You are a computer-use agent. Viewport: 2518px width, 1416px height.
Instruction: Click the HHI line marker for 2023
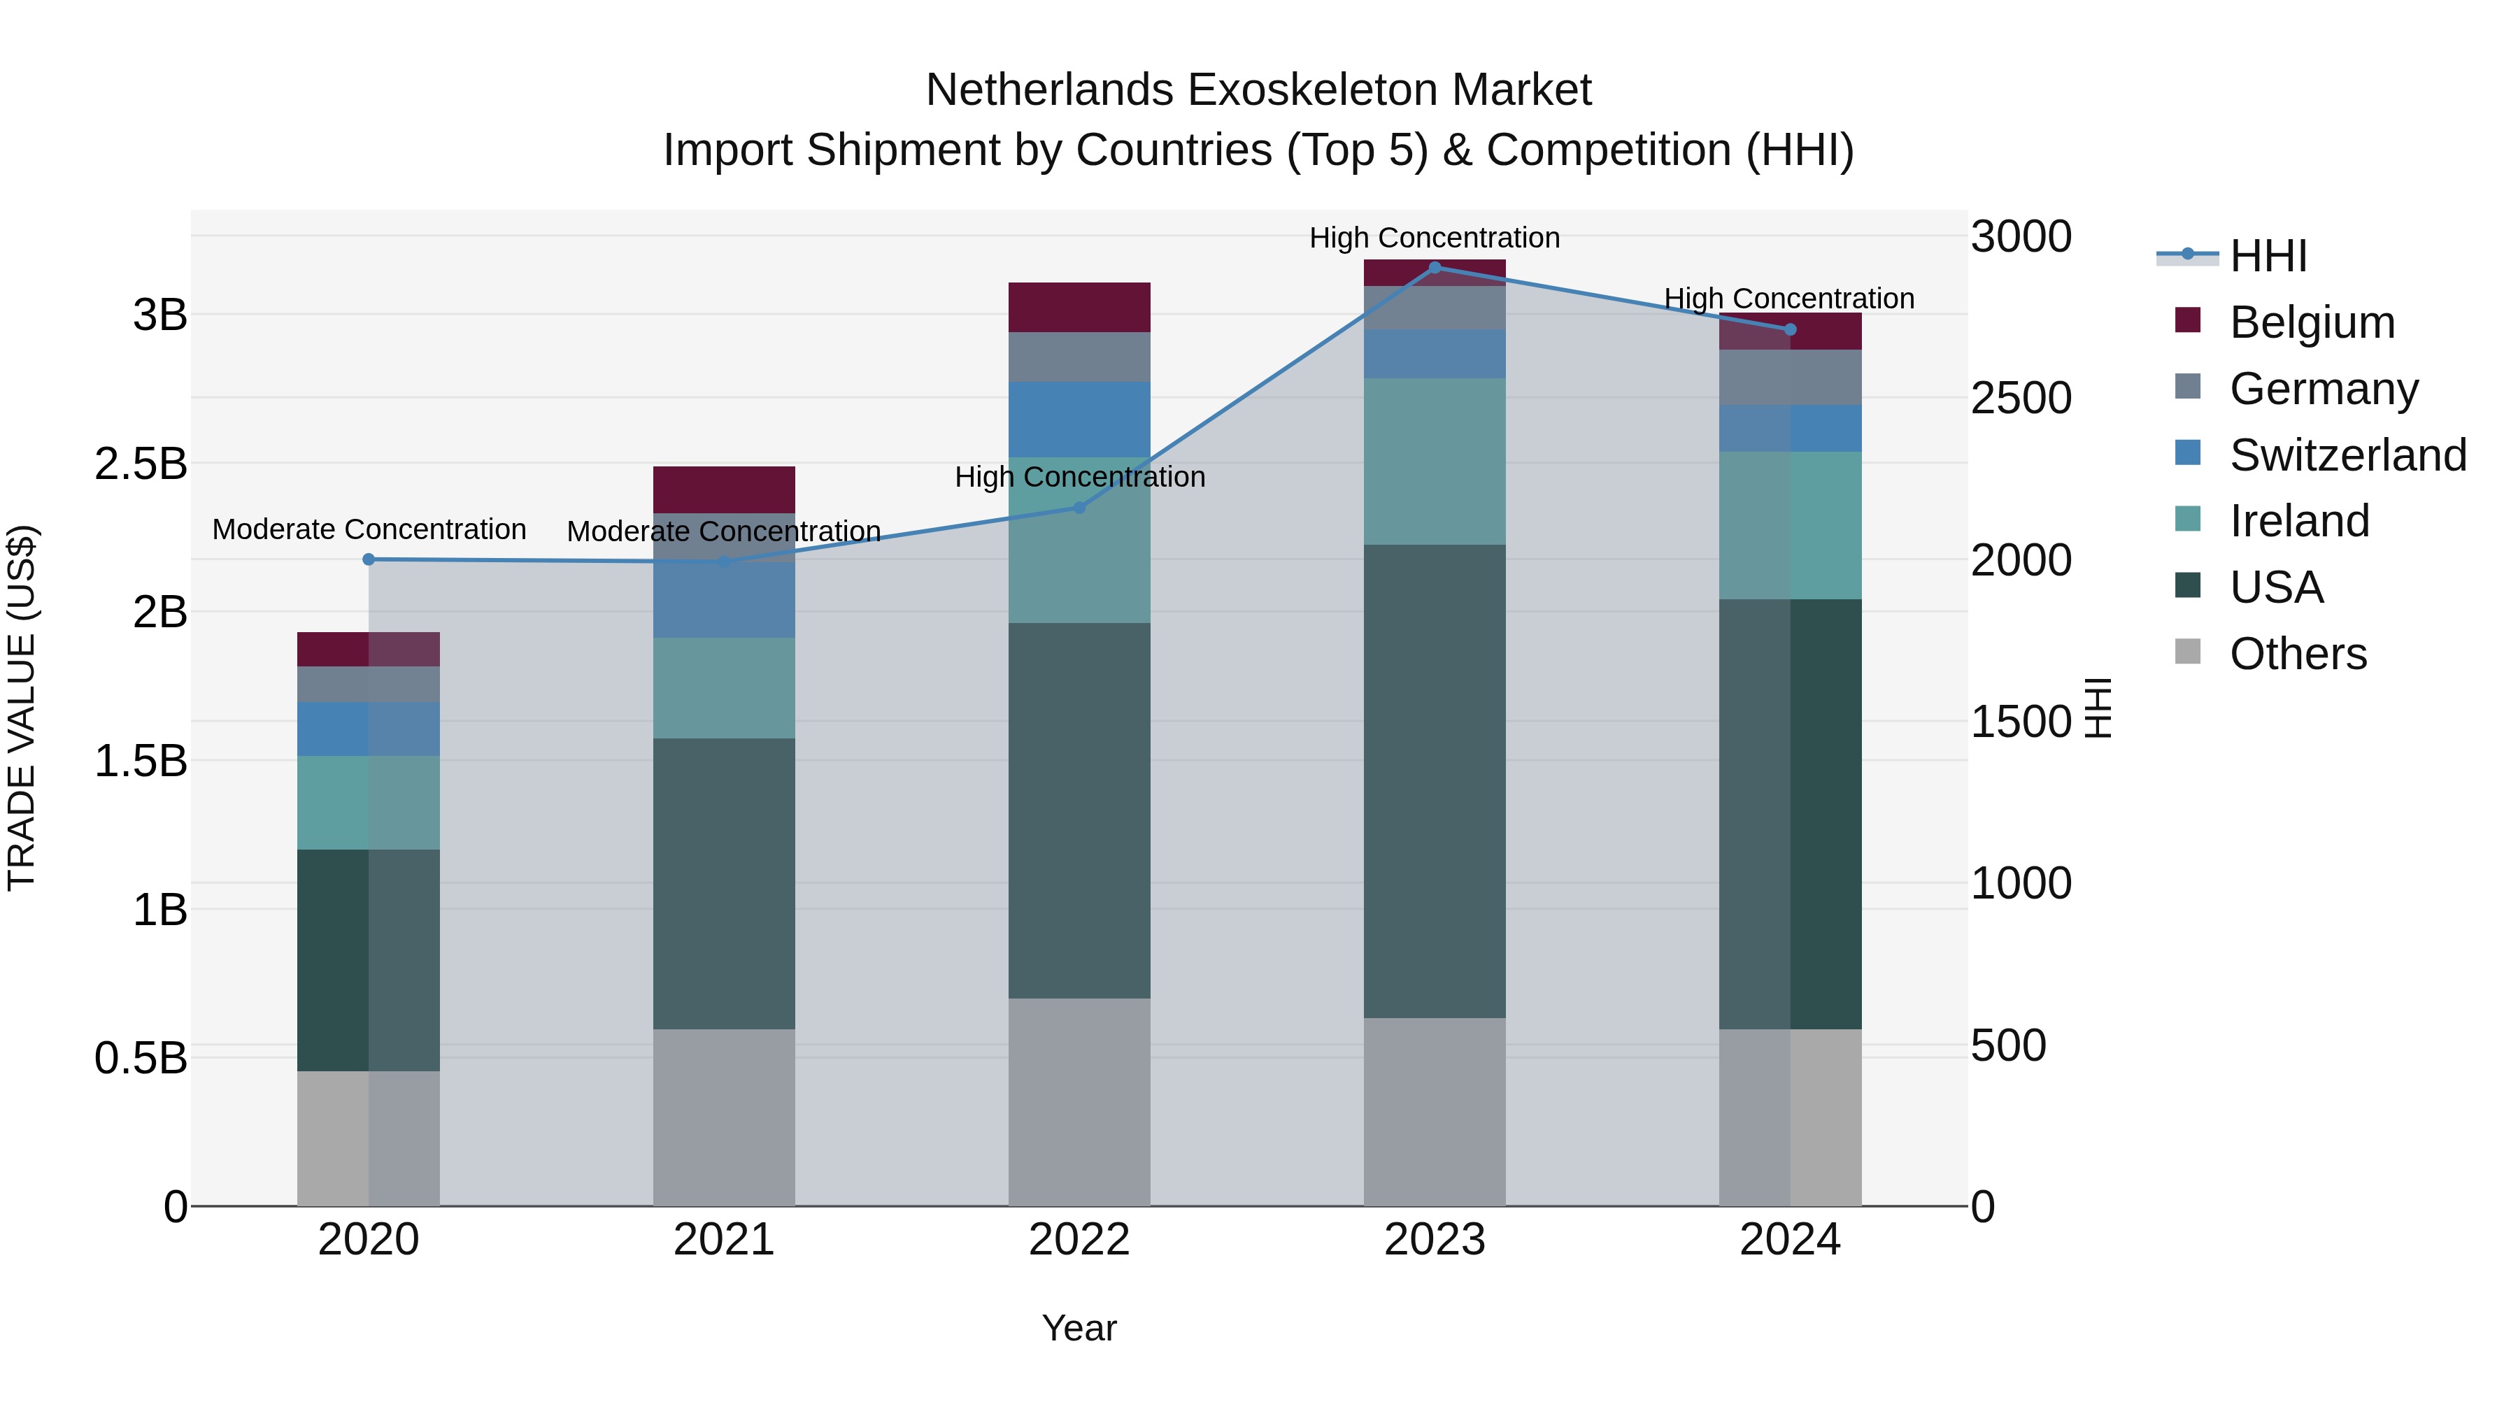coord(1434,267)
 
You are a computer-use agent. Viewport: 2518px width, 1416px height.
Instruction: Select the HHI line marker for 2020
coord(369,559)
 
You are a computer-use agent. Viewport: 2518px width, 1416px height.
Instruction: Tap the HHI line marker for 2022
coord(1079,507)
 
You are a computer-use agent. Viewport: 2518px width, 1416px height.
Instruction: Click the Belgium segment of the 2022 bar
coord(1079,307)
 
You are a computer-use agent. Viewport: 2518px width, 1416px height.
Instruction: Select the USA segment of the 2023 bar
coord(1434,781)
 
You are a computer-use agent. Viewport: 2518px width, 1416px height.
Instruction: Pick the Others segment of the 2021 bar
coord(723,1117)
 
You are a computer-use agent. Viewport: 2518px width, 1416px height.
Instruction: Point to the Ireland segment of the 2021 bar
coord(723,688)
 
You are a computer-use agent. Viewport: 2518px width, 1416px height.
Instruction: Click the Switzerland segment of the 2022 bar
coord(1079,420)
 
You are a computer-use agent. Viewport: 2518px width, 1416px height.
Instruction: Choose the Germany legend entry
coord(2322,389)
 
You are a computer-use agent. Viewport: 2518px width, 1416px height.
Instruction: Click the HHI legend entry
coord(2268,256)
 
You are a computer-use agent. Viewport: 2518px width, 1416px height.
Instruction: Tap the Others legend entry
coord(2297,654)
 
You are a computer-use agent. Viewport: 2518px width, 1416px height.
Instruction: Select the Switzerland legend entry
coord(2347,455)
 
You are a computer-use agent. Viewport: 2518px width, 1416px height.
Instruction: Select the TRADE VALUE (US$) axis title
coord(22,708)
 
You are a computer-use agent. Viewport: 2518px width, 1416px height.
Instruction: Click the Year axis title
coord(1079,1328)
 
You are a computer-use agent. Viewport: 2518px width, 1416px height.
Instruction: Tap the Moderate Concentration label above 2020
coord(369,529)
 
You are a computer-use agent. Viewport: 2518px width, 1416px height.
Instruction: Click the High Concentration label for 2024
coord(1788,298)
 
